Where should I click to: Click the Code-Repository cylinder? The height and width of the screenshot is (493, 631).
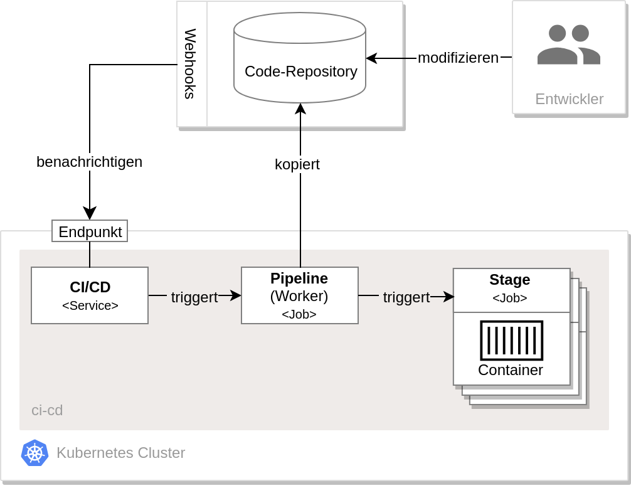tap(300, 58)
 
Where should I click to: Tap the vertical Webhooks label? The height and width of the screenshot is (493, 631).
tap(190, 63)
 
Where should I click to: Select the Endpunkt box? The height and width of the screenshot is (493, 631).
tap(90, 231)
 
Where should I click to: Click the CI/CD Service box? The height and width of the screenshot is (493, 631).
tap(90, 295)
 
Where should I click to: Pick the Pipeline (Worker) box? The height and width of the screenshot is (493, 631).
tap(300, 295)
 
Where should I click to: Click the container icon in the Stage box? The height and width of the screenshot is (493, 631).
tap(511, 341)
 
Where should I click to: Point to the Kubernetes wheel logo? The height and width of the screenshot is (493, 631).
tap(35, 453)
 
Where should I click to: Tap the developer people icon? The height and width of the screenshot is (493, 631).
tap(569, 45)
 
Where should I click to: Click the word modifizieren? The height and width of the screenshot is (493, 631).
tap(458, 58)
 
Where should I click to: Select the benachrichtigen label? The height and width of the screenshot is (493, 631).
tap(89, 162)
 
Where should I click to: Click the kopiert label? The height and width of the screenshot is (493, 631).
tap(297, 164)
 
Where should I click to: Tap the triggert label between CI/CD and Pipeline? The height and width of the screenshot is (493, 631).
tap(194, 297)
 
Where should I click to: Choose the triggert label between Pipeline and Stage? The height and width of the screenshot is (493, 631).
tap(406, 297)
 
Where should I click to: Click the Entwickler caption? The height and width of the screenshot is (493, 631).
tap(570, 99)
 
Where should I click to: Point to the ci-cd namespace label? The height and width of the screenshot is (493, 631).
tap(47, 410)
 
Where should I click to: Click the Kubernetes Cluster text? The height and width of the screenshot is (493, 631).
tap(120, 453)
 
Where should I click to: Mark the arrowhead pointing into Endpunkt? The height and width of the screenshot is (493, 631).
tap(90, 213)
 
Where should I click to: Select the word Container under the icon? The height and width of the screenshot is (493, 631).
tap(511, 370)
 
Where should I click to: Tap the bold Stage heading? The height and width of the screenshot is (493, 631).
tap(510, 280)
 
